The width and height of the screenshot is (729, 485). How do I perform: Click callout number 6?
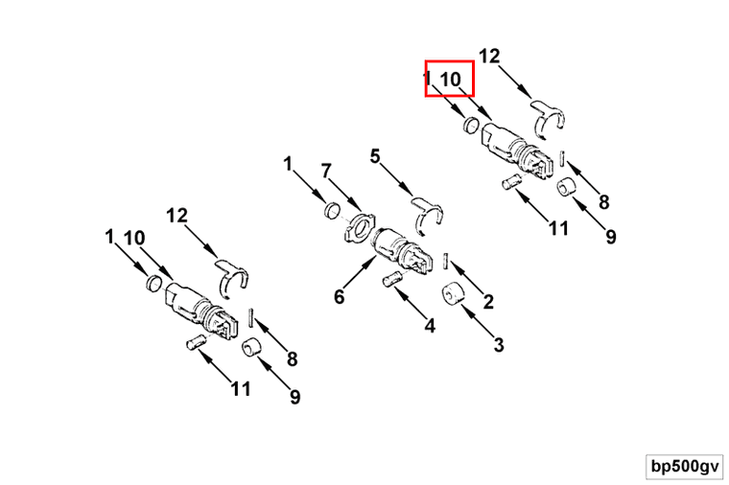click(340, 296)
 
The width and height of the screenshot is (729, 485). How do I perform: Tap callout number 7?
click(326, 172)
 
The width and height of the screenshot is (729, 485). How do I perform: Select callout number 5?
click(375, 156)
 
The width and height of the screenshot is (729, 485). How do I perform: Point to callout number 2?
click(488, 302)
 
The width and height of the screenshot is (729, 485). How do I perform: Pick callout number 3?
click(499, 345)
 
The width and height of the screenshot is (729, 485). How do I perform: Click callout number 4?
click(430, 326)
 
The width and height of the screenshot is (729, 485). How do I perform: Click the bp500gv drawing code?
click(685, 467)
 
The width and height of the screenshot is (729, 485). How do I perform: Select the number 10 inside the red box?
click(450, 80)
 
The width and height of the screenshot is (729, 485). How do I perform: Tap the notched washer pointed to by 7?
click(359, 226)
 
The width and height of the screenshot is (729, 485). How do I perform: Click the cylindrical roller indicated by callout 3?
click(454, 294)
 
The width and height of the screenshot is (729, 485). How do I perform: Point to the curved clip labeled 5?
click(427, 213)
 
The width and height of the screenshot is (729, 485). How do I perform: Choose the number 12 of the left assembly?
click(177, 215)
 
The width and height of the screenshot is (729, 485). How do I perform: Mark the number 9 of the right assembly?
click(610, 237)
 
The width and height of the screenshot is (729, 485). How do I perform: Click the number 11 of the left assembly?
click(241, 389)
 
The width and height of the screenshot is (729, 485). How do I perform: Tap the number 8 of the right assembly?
click(603, 202)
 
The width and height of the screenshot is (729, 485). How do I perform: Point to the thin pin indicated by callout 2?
click(446, 261)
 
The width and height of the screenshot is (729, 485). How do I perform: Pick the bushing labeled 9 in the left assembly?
click(252, 347)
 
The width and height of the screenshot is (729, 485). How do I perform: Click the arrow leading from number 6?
click(362, 274)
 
